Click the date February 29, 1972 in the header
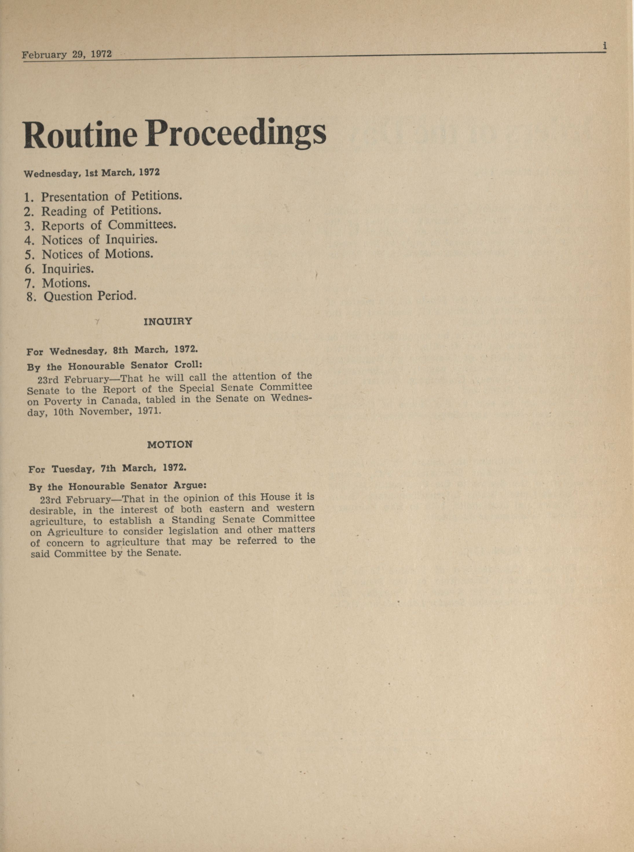[67, 54]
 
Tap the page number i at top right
[604, 46]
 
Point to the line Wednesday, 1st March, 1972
[92, 173]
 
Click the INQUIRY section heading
[168, 321]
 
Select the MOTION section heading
[170, 444]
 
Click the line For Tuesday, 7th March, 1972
[107, 469]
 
